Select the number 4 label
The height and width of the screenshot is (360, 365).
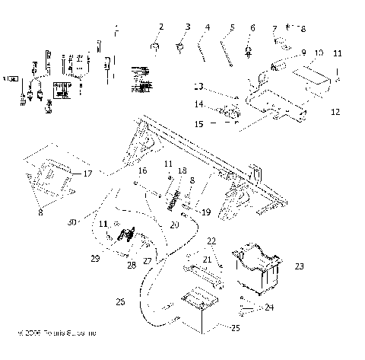[206, 27]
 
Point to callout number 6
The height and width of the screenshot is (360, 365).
[252, 27]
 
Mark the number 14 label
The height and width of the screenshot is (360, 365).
[198, 104]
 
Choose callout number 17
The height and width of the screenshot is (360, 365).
[109, 174]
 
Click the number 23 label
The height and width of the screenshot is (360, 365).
[299, 266]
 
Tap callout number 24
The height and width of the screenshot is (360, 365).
[268, 307]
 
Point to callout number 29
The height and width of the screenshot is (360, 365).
[96, 259]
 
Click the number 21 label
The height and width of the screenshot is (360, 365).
[208, 260]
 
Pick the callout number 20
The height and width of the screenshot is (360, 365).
[174, 225]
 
